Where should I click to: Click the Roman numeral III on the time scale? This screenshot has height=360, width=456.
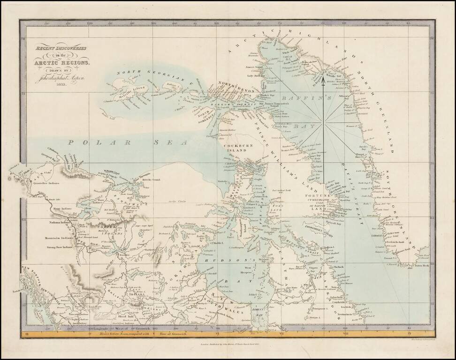coord(27,334)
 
